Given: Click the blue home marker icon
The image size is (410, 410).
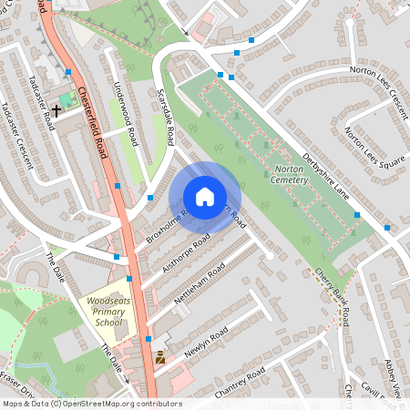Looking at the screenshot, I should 205,197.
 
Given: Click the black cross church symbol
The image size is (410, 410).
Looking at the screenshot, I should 56,110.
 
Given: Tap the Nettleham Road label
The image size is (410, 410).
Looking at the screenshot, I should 203,282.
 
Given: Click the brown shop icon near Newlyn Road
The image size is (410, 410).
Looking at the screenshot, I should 160,358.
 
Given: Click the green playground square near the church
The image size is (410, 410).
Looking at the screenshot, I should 65,98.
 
